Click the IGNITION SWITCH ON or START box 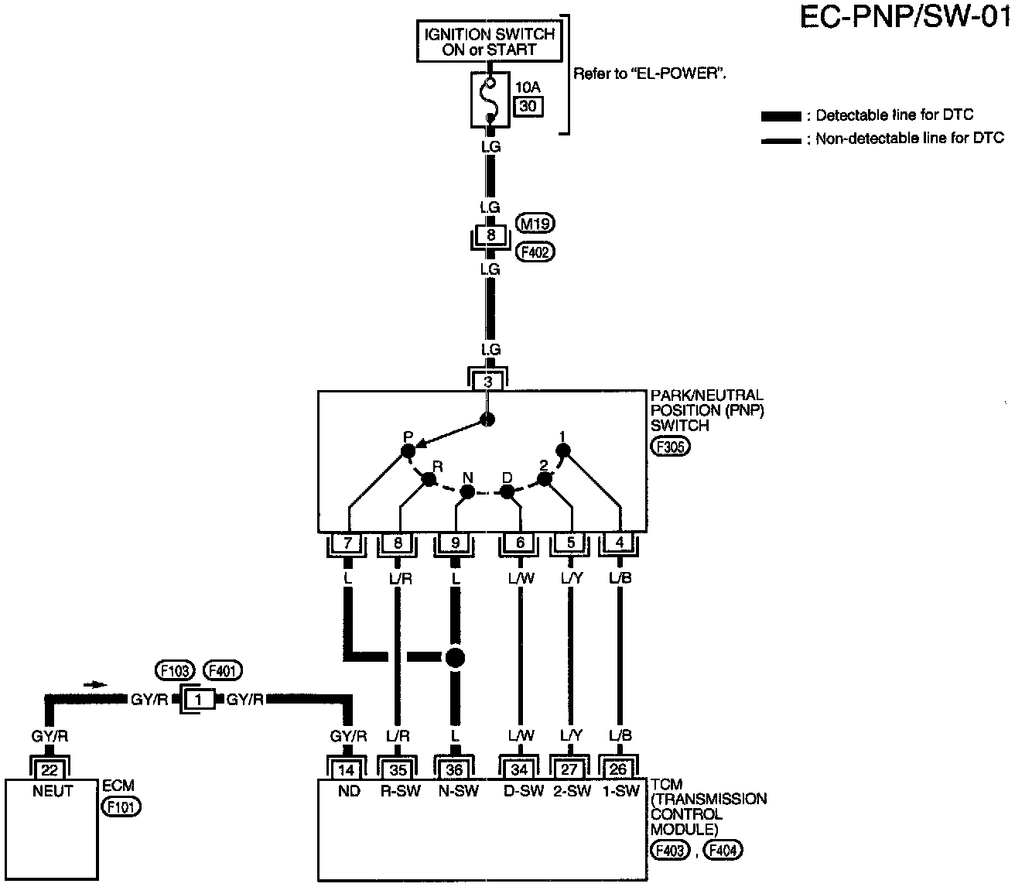(489, 41)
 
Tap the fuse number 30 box (528, 106)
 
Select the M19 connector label (535, 224)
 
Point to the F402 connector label (535, 252)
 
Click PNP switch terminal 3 (487, 382)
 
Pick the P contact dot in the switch (408, 451)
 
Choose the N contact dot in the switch (467, 492)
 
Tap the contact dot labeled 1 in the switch (563, 450)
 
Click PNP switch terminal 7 (347, 543)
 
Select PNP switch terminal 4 (619, 543)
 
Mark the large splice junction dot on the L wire (455, 657)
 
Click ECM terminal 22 (50, 770)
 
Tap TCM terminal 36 (454, 770)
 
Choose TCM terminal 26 (618, 769)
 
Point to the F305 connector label (670, 447)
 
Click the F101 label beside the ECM (121, 807)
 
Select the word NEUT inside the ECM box (53, 791)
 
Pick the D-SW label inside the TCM (524, 791)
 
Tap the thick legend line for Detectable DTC (781, 116)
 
